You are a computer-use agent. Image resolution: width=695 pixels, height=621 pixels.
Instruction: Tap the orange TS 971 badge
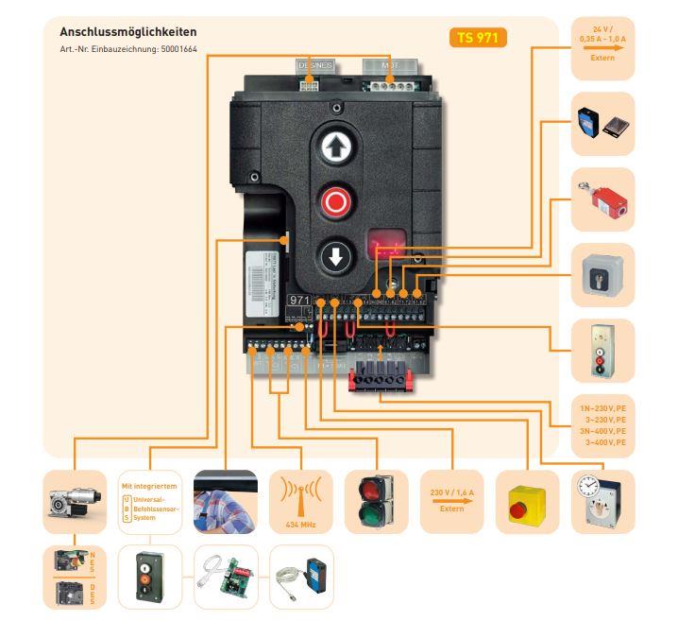point(478,39)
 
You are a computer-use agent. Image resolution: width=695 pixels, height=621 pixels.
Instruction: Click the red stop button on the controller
point(335,201)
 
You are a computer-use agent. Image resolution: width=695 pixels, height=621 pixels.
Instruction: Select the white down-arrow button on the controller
point(335,255)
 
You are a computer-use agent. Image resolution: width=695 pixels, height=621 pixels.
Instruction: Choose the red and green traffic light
point(376,502)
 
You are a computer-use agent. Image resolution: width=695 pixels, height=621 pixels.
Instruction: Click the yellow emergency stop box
point(527,502)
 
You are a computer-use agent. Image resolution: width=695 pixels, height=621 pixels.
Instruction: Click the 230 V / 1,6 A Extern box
point(451,501)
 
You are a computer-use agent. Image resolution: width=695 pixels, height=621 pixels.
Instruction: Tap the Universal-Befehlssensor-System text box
point(149,502)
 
